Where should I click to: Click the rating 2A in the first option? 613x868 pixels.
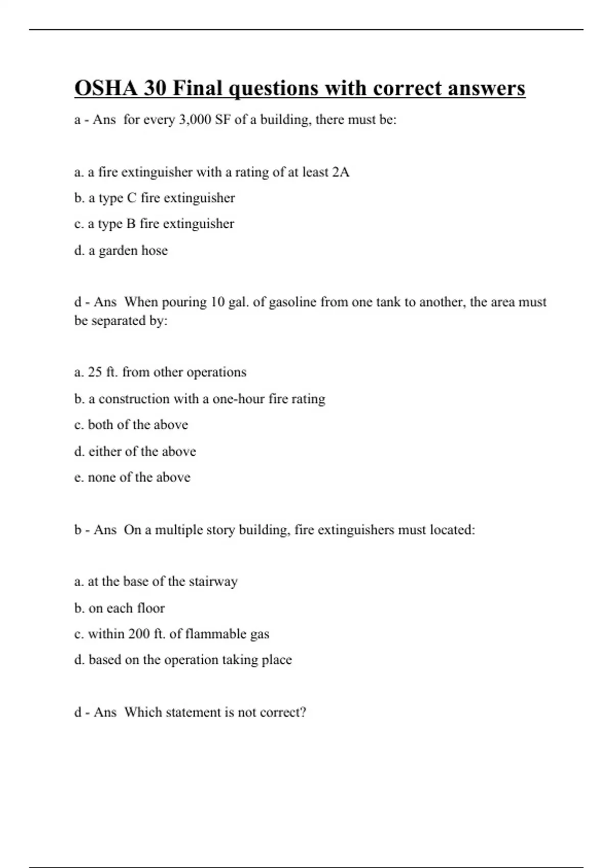click(341, 172)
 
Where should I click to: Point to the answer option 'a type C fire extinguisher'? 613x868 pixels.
click(154, 198)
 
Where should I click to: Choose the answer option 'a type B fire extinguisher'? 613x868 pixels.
click(154, 224)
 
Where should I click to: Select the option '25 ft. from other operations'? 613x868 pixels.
click(160, 372)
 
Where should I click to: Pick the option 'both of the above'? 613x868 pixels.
click(131, 425)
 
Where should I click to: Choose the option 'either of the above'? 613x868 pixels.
click(135, 451)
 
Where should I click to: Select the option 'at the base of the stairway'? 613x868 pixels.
click(156, 582)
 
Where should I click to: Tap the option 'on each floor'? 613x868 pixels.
click(119, 608)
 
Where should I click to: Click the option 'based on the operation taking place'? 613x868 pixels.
click(183, 660)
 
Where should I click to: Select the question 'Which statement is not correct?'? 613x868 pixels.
click(215, 712)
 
